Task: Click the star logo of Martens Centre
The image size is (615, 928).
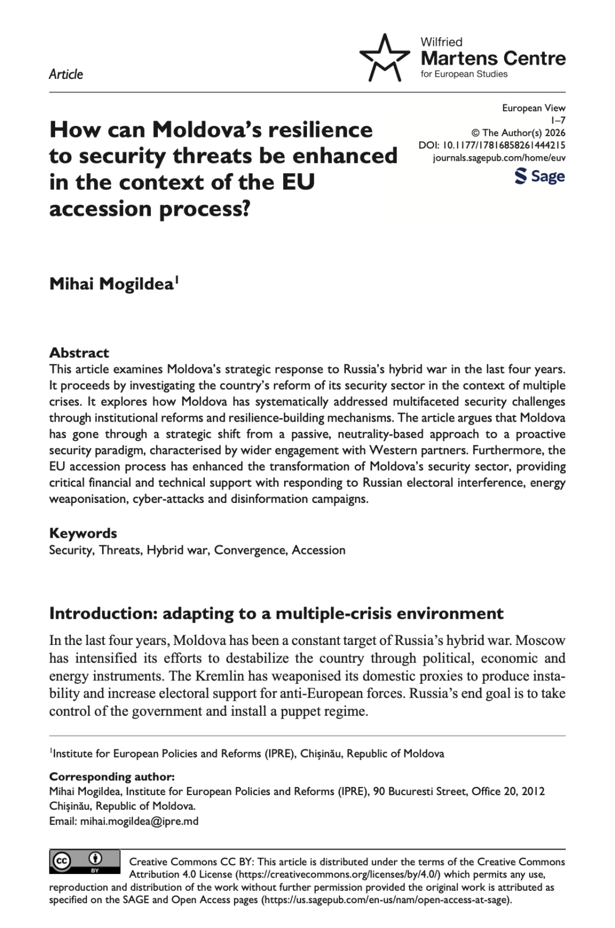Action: tap(384, 58)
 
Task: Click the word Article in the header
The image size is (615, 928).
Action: tap(66, 74)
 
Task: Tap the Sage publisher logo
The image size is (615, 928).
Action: tap(540, 176)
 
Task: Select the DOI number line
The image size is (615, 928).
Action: tap(491, 145)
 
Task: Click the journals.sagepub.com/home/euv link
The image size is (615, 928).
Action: tap(499, 157)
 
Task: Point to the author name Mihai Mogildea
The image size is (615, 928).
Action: tap(111, 284)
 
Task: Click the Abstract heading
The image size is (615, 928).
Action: tap(79, 353)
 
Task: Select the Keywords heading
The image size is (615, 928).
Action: tap(83, 533)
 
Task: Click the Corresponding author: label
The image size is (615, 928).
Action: tap(111, 777)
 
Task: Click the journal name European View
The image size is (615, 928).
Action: tap(533, 108)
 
